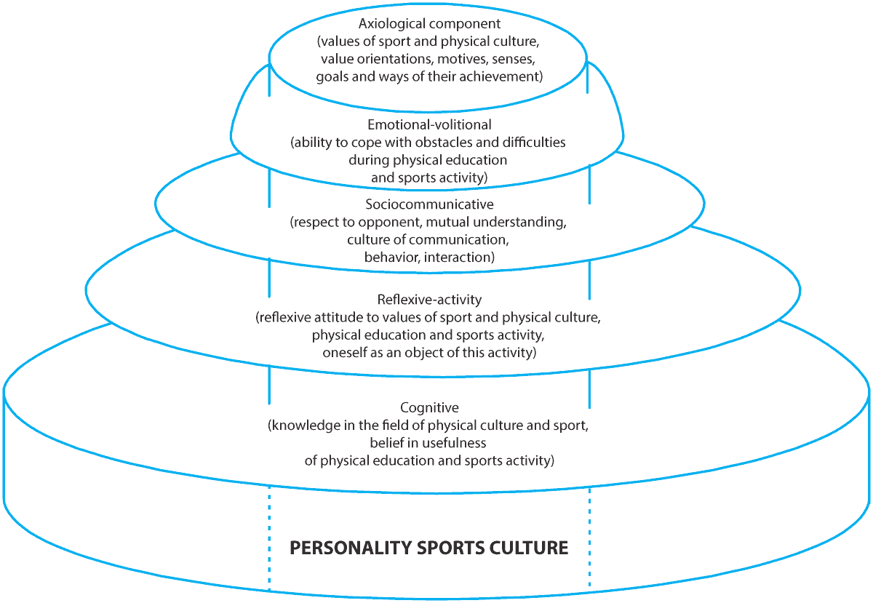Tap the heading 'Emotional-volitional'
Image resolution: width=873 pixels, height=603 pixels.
click(429, 125)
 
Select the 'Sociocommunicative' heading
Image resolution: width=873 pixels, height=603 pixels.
click(428, 205)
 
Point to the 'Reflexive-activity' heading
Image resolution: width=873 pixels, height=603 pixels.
click(429, 299)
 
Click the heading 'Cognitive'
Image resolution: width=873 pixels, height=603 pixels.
click(429, 407)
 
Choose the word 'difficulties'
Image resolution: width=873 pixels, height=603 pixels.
click(535, 143)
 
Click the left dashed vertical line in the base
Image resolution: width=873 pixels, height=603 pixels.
click(269, 538)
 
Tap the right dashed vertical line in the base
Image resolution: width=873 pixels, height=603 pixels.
click(589, 538)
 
